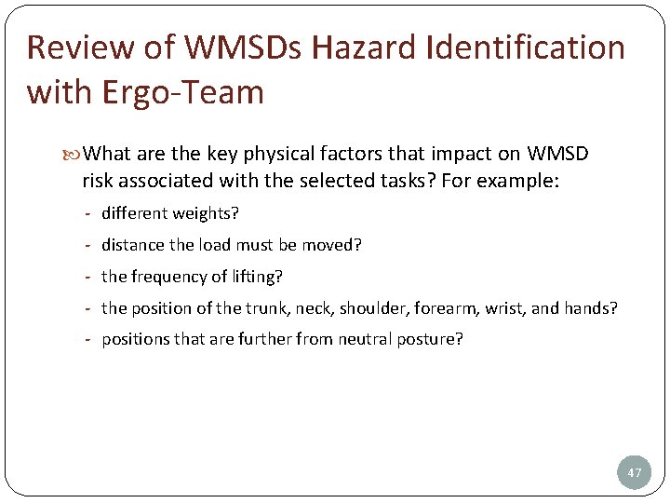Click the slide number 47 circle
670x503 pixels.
pyautogui.click(x=635, y=472)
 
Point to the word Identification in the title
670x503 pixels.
pyautogui.click(x=526, y=48)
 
